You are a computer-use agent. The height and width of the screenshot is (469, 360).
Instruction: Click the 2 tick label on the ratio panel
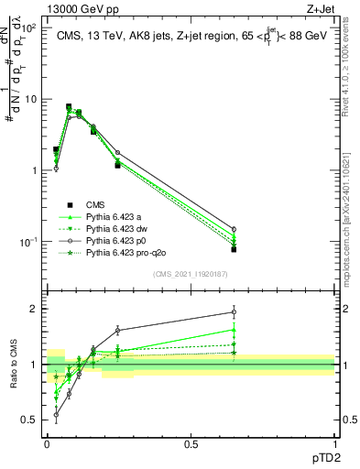[x=34, y=309]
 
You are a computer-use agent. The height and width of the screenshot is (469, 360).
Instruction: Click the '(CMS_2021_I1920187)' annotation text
[x=190, y=274]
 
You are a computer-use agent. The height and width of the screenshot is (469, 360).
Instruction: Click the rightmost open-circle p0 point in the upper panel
[x=234, y=229]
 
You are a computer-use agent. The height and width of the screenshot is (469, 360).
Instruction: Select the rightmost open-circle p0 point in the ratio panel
[x=234, y=312]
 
